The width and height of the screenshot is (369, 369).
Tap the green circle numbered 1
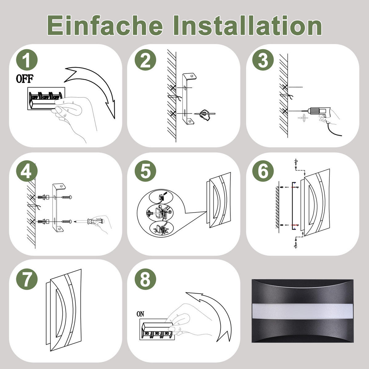27,61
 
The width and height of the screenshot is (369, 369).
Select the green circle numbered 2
145,61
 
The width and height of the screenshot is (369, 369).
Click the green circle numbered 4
27,171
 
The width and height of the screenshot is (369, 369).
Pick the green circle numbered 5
145,171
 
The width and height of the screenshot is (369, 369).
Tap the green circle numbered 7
27,279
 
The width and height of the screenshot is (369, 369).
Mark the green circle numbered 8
145,279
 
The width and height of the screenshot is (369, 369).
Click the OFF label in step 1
24,79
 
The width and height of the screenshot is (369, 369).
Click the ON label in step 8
140,314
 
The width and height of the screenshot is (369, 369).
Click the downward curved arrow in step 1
95,86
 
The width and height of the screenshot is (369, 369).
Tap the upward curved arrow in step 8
212,311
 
